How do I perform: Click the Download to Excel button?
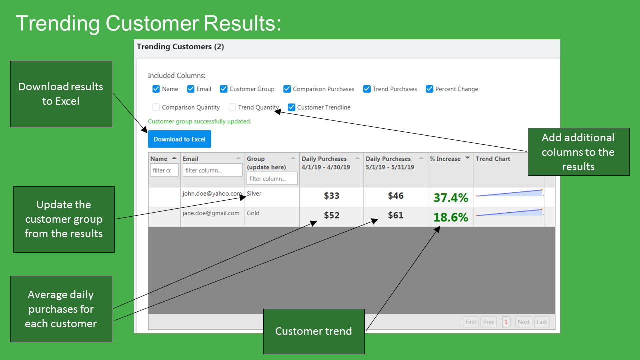179,139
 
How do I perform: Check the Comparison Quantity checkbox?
156,107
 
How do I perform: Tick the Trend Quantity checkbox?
232,107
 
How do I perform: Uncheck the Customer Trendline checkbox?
291,107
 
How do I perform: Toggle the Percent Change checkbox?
429,89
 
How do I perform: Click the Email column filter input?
213,170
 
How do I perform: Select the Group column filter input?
272,178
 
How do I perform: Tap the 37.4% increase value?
451,197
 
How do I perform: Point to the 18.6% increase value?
451,217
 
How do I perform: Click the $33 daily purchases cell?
331,196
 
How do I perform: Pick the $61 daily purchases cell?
395,215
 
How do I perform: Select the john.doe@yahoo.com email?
212,193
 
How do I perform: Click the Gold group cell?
253,213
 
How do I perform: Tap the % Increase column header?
445,159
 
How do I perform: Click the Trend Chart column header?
493,159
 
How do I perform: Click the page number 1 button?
506,322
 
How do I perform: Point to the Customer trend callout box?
314,331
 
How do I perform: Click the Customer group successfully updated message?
199,121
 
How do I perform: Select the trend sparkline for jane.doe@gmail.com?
510,213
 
